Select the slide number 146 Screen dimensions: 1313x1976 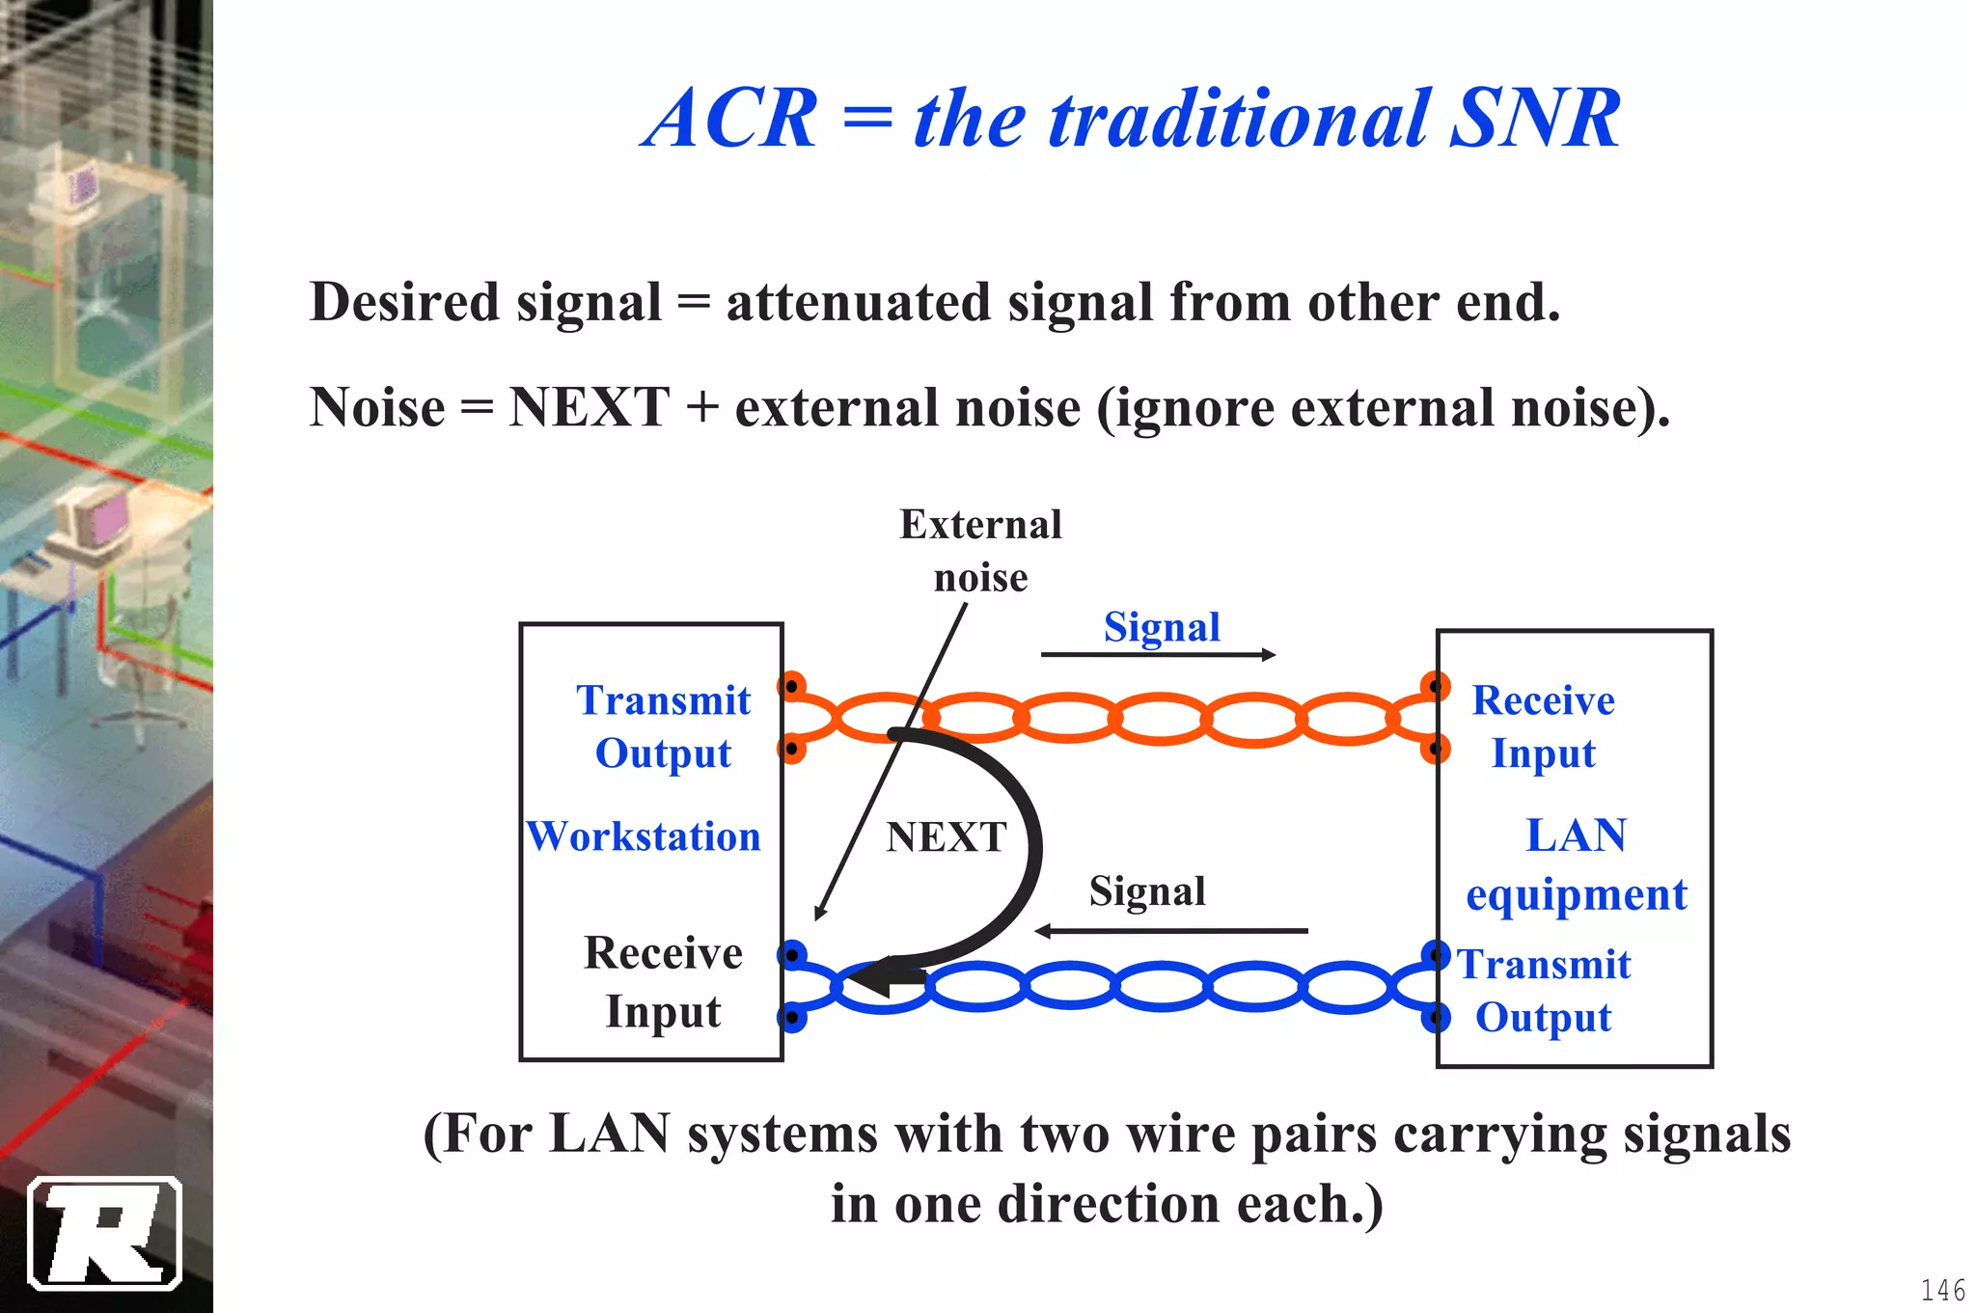[1942, 1290]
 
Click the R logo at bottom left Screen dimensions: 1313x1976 [105, 1234]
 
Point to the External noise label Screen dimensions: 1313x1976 [980, 550]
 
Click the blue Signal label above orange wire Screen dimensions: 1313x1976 [1162, 627]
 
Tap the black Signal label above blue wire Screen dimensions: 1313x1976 [1147, 890]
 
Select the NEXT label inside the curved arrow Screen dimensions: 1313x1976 [947, 836]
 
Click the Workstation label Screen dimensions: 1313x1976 [644, 835]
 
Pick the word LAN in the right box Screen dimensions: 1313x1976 [1576, 835]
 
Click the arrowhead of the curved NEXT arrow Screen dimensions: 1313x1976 [873, 978]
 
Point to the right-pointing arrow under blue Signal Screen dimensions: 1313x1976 [1158, 655]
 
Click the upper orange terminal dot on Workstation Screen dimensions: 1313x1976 [791, 686]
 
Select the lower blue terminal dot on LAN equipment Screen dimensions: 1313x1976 [1436, 1017]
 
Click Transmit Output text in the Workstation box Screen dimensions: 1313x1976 [664, 725]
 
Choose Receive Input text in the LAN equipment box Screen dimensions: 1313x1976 [1543, 725]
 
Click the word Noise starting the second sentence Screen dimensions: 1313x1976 [377, 407]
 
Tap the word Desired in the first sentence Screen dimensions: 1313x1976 [404, 302]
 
